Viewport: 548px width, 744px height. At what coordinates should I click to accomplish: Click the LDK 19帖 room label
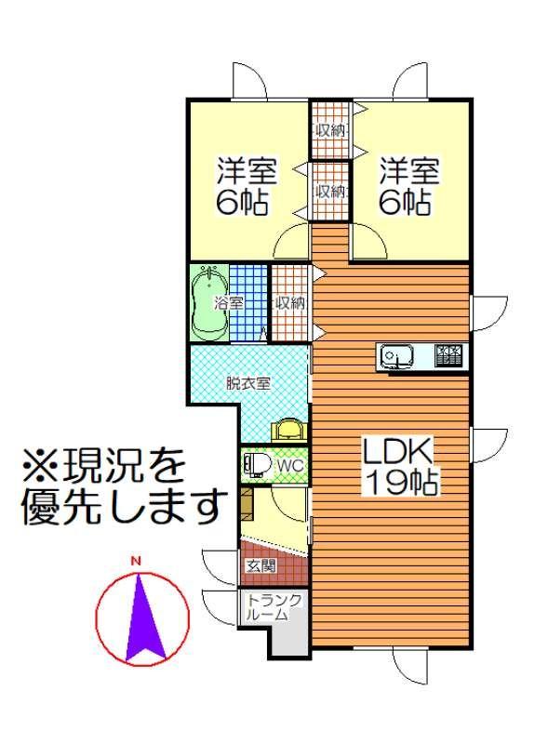click(x=400, y=467)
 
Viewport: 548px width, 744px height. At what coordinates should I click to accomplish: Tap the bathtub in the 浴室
click(x=210, y=302)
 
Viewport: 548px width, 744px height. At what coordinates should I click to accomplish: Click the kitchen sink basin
click(x=396, y=356)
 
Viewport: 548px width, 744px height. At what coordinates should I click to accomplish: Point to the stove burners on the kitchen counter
click(x=448, y=356)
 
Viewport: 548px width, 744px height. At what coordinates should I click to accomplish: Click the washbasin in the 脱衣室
click(x=288, y=429)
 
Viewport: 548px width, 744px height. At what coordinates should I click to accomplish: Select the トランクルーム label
click(x=274, y=607)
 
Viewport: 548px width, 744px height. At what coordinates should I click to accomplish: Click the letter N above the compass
click(x=137, y=562)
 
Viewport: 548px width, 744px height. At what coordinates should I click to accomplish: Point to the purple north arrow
click(x=142, y=618)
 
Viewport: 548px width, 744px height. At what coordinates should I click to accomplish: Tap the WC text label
click(x=290, y=466)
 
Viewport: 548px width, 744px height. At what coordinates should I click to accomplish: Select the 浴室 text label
click(x=229, y=303)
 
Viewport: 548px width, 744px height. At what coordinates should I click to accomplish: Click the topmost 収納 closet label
click(x=331, y=129)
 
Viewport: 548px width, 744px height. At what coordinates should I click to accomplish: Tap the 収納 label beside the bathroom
click(x=290, y=303)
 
